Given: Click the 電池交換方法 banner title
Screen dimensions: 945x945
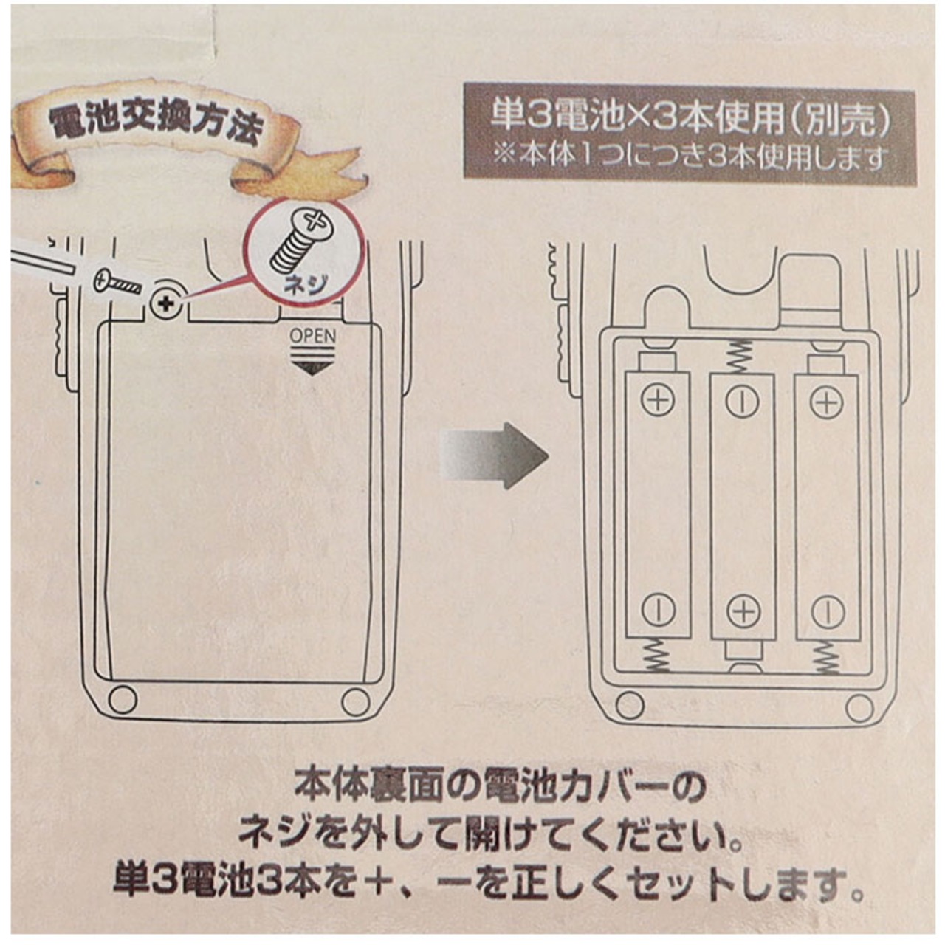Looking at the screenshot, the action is [x=155, y=125].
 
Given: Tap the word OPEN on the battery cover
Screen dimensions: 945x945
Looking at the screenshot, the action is [x=312, y=336].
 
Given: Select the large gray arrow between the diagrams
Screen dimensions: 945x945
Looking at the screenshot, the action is [x=494, y=456].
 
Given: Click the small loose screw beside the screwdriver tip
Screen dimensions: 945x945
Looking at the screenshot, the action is [x=117, y=281].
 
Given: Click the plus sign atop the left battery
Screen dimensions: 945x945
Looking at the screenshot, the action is [x=658, y=400].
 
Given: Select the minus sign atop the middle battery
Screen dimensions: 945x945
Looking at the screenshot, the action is [x=742, y=400].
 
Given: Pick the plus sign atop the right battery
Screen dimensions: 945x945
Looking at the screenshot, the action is [x=827, y=402].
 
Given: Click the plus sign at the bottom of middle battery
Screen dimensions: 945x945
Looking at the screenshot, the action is [x=743, y=611].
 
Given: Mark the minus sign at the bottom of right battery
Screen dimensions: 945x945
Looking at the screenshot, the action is [x=828, y=611].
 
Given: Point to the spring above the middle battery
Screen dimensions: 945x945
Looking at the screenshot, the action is [x=741, y=355].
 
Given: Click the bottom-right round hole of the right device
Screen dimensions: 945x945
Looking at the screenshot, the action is [x=857, y=707].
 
